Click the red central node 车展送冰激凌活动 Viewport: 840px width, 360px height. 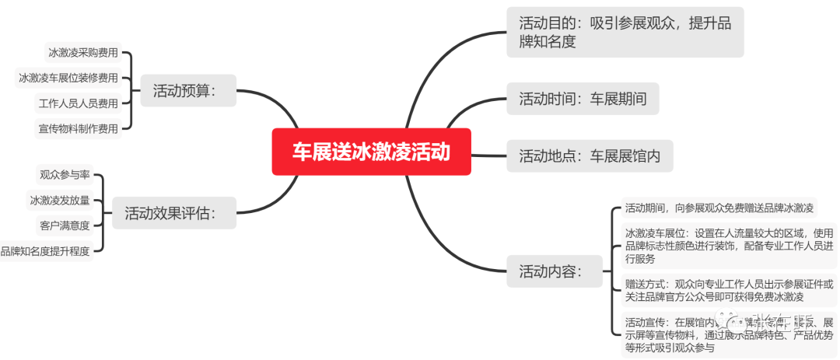(x=371, y=152)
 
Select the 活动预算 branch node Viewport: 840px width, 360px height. (x=184, y=91)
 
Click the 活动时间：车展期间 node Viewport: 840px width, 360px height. (x=583, y=99)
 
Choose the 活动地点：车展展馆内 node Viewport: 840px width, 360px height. (x=590, y=156)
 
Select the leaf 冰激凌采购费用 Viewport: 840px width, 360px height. (x=83, y=54)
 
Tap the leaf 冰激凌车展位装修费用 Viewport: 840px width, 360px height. (x=68, y=78)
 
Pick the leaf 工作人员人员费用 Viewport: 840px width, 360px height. (x=79, y=103)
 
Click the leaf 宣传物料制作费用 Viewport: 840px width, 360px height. (x=79, y=128)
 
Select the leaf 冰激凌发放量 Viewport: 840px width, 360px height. (x=60, y=200)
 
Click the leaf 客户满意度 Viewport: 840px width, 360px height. (x=65, y=225)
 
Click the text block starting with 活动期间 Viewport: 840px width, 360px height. (x=719, y=208)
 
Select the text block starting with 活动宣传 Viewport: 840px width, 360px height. (x=729, y=335)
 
